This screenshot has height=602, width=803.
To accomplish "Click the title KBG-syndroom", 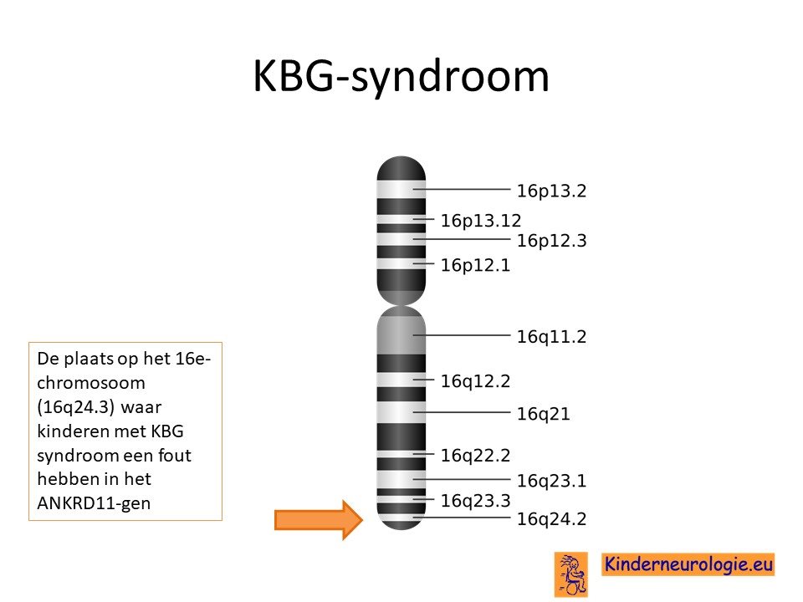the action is pos(401,76).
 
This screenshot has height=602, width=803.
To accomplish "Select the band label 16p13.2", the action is pos(551,191).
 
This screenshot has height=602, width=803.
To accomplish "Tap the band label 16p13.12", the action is pos(480,221).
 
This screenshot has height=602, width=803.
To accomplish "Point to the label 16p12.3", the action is pos(551,241).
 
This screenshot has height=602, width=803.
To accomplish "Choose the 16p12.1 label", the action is pos(475,265).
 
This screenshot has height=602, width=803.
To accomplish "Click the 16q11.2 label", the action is pos(551,337).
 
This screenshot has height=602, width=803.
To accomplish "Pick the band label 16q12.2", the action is pos(475,381).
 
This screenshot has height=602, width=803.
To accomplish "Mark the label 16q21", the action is pos(543,414).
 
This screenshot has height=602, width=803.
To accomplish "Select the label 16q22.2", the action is pos(475,456).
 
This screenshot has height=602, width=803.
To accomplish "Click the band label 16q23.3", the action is pos(475,501).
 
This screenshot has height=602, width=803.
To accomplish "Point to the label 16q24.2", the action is pos(551,519).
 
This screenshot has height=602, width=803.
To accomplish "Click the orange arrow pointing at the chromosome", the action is pos(319,520).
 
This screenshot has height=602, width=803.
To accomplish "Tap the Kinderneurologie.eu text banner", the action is pos(688,564).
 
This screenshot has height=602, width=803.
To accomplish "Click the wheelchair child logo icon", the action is pos(571,574).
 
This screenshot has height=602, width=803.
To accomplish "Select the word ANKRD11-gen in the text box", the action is pos(94,503).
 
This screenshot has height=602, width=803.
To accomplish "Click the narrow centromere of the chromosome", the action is pos(401,305).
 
